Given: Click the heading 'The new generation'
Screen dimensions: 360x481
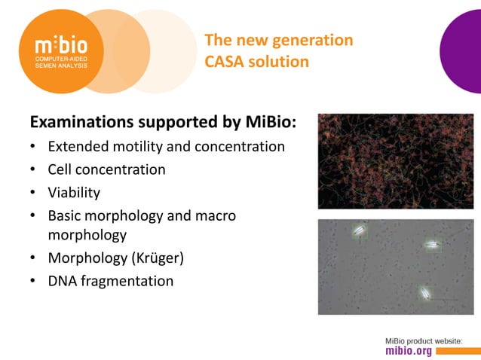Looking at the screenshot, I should [x=278, y=40].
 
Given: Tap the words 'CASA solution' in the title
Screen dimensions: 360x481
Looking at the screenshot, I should [x=256, y=62].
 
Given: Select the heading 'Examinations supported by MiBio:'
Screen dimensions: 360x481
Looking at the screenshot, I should [x=162, y=122].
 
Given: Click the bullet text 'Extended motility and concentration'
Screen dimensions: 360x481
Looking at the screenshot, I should [x=166, y=146].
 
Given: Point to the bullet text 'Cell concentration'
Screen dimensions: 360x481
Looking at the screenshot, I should [x=106, y=169].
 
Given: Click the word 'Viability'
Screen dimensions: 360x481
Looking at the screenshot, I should [x=74, y=192].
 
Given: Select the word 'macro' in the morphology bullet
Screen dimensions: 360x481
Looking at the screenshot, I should [x=214, y=216].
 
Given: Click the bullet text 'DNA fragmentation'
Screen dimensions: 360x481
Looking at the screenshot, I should [x=110, y=281].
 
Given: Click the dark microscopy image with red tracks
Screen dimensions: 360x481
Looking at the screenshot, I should [x=395, y=160].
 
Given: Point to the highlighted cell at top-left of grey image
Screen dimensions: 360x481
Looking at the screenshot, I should [x=361, y=230].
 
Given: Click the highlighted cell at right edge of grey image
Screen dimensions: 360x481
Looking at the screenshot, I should [x=433, y=245].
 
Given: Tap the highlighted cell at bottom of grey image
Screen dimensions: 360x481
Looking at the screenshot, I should [x=426, y=294].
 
